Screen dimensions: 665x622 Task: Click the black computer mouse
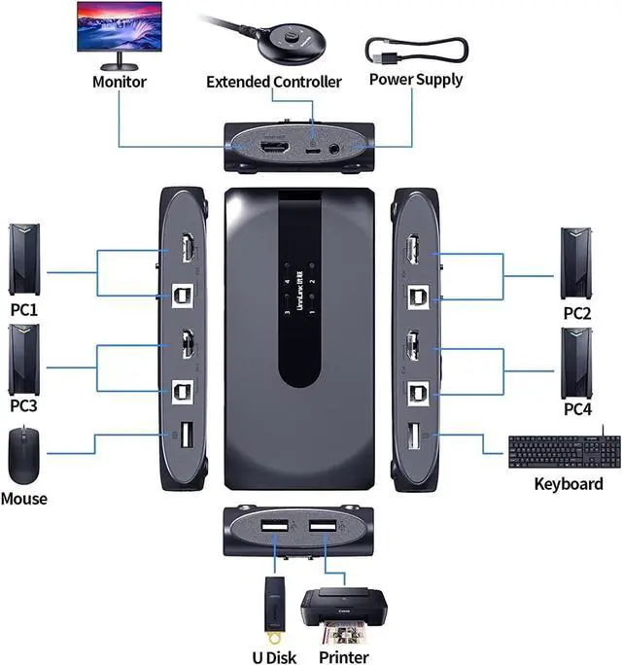(23, 455)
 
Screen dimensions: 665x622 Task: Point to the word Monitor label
(119, 81)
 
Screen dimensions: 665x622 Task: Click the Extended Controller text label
(274, 81)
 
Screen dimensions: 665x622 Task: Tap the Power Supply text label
(416, 79)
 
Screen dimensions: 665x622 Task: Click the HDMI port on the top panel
(276, 150)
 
